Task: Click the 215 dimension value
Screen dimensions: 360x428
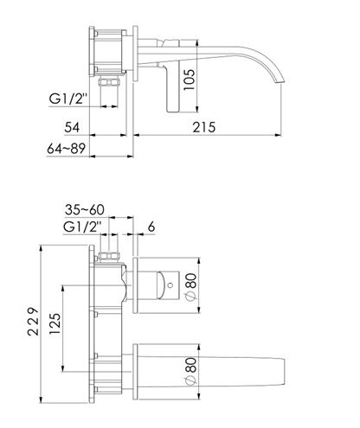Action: pyautogui.click(x=204, y=127)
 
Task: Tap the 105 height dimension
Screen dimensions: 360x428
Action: pyautogui.click(x=190, y=80)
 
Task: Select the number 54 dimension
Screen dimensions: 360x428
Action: pyautogui.click(x=72, y=127)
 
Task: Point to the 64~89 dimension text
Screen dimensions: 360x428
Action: pyautogui.click(x=67, y=149)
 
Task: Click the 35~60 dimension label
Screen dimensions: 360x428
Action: pyautogui.click(x=85, y=210)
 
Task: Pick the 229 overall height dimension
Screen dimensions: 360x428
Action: pyautogui.click(x=33, y=322)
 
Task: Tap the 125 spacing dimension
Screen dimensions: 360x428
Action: pyautogui.click(x=55, y=323)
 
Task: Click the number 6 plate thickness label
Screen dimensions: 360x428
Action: pyautogui.click(x=151, y=227)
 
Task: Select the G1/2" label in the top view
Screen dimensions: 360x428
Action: pyautogui.click(x=68, y=99)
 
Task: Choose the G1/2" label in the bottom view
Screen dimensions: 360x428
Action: pyautogui.click(x=82, y=227)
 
